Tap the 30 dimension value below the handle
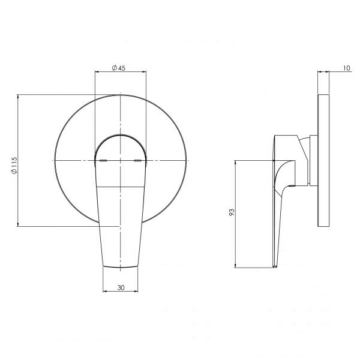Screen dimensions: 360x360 click(121, 288)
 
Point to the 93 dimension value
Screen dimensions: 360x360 click(230, 212)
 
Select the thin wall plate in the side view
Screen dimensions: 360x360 click(323, 160)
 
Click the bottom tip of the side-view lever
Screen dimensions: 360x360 click(274, 266)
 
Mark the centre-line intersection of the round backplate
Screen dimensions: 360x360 click(121, 161)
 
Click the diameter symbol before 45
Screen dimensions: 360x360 click(113, 68)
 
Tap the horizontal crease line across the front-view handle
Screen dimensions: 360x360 click(121, 187)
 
